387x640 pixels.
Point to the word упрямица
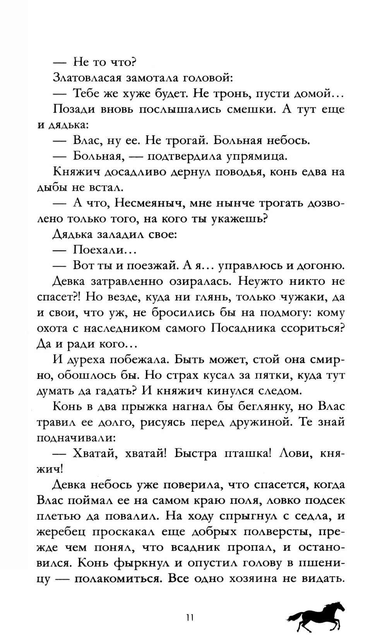point(257,156)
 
